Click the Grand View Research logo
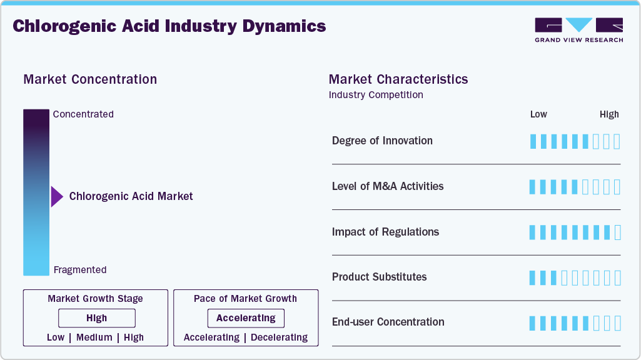(578, 29)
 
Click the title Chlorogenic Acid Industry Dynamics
(169, 26)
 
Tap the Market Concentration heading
(90, 79)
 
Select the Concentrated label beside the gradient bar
(83, 114)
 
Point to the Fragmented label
(80, 270)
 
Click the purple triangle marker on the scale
(56, 196)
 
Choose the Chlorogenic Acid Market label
(131, 196)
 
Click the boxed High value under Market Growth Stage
(97, 318)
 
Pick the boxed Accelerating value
(246, 318)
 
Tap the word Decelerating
(279, 337)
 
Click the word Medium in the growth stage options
(94, 337)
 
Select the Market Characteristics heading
(398, 79)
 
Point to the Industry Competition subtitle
(376, 95)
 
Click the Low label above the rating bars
(538, 114)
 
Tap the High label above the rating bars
(609, 114)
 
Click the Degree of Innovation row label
(382, 141)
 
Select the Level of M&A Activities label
(388, 186)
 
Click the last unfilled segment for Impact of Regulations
(617, 232)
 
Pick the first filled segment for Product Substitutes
(533, 277)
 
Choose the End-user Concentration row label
(388, 322)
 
